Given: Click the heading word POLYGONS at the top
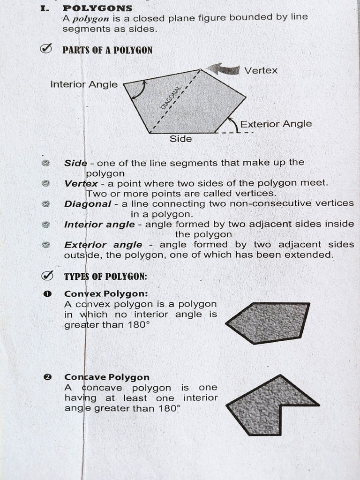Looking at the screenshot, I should click(97, 8).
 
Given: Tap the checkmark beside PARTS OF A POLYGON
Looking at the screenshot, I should click(46, 49).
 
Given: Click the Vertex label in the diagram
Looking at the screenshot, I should click(261, 71).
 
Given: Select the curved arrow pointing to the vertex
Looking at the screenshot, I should click(224, 69).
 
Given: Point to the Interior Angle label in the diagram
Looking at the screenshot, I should click(84, 84).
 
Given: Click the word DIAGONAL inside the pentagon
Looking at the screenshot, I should click(171, 98).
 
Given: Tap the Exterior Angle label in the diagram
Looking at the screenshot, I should click(276, 124).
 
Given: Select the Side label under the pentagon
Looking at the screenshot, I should click(181, 139).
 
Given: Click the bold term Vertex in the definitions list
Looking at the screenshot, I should click(81, 183).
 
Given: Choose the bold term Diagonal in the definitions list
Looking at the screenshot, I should click(88, 204).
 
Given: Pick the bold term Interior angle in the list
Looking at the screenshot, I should click(99, 225).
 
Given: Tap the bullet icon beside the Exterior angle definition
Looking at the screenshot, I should click(45, 244).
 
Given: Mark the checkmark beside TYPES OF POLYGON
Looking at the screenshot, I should click(46, 275).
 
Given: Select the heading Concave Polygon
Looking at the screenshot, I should click(107, 377).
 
